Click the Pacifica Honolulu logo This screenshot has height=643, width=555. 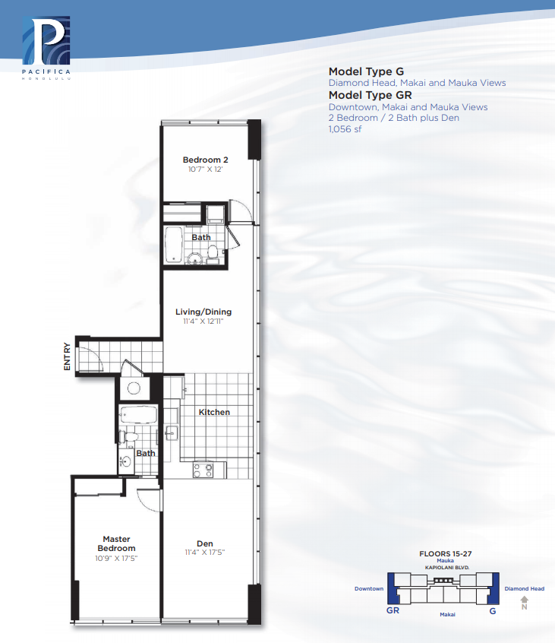pyautogui.click(x=46, y=48)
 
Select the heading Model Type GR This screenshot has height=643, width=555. pyautogui.click(x=370, y=95)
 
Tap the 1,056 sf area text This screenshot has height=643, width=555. pyautogui.click(x=345, y=129)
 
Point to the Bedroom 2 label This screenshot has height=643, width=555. pyautogui.click(x=205, y=160)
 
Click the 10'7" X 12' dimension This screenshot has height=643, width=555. pyautogui.click(x=205, y=169)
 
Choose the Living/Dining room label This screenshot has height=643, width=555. pyautogui.click(x=203, y=312)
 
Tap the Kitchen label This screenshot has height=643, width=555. pyautogui.click(x=214, y=412)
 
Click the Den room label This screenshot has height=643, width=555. pyautogui.click(x=204, y=543)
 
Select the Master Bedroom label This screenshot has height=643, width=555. pyautogui.click(x=116, y=543)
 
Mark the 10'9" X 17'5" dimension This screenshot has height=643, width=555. pyautogui.click(x=116, y=558)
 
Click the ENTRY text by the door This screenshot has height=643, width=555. pyautogui.click(x=67, y=356)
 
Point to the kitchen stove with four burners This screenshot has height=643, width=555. pyautogui.click(x=203, y=470)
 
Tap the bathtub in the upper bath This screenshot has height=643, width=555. pyautogui.click(x=173, y=245)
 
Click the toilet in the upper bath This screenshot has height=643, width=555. pyautogui.click(x=212, y=252)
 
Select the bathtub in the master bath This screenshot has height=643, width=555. pyautogui.click(x=137, y=414)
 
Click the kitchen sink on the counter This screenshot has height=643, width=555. pyautogui.click(x=172, y=432)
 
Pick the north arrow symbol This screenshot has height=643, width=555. pyautogui.click(x=525, y=603)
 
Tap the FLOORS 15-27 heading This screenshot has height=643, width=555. pyautogui.click(x=445, y=553)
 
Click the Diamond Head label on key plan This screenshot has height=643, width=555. pyautogui.click(x=525, y=588)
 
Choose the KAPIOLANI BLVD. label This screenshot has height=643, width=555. pyautogui.click(x=447, y=568)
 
